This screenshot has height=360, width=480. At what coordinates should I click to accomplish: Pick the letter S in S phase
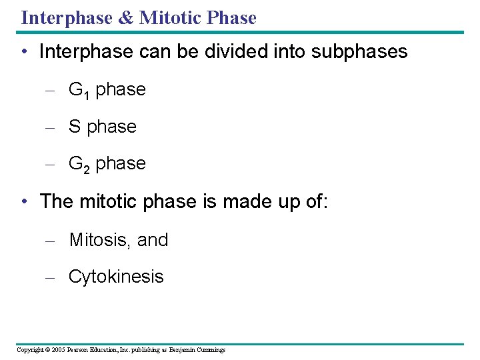(x=75, y=127)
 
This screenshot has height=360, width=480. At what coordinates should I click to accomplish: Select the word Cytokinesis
(x=116, y=277)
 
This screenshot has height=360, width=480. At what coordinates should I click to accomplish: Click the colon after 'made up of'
(x=325, y=201)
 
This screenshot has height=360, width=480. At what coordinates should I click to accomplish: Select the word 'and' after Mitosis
(x=153, y=240)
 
